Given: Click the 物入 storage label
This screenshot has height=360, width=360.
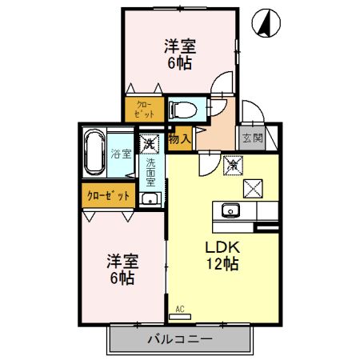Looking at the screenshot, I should point(180,139).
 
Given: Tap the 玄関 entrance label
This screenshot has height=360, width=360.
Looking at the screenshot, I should point(252,138).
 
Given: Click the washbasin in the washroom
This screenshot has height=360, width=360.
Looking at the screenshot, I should point(149,198).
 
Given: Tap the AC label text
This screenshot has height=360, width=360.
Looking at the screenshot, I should point(180,307).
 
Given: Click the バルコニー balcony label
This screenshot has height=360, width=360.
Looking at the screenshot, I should point(179,339).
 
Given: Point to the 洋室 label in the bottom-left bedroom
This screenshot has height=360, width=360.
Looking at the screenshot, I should point(122,262).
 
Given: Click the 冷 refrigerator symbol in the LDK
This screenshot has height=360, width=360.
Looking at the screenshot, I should point(231,166).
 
